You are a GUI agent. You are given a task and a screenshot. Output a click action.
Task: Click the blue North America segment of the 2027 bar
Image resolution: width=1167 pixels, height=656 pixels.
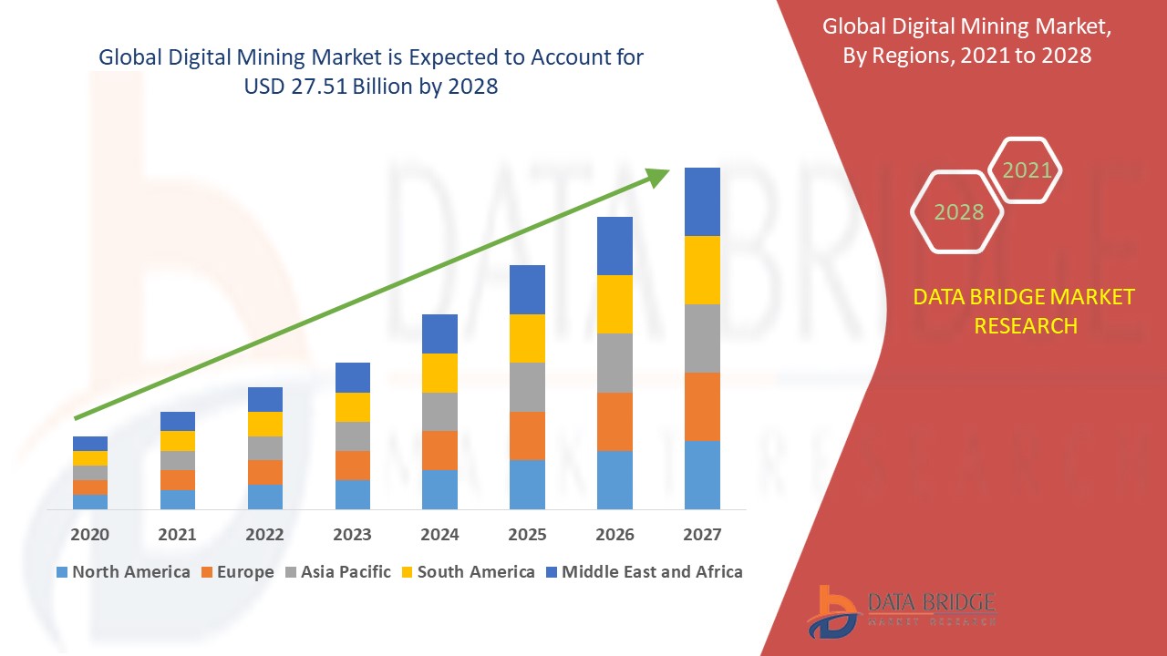coord(702,475)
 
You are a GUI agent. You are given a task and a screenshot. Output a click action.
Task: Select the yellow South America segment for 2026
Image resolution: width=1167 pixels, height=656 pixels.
coord(614,304)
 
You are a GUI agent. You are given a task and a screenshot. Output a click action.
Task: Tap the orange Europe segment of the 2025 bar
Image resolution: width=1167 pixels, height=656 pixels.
coord(527,436)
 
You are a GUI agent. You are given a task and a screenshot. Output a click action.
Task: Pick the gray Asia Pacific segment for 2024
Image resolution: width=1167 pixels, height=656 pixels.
coord(439,412)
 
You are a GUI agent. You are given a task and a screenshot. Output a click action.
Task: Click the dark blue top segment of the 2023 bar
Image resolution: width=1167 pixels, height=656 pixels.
coord(353,377)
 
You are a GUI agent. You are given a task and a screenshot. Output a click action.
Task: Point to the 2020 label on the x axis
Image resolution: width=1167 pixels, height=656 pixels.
coord(90,535)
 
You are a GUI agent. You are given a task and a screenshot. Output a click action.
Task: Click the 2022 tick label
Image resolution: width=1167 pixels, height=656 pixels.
coord(265,535)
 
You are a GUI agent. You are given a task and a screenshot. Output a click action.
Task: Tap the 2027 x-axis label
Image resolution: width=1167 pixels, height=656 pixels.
coord(702,535)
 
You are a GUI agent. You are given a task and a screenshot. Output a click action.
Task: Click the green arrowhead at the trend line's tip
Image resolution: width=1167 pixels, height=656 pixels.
coord(658,176)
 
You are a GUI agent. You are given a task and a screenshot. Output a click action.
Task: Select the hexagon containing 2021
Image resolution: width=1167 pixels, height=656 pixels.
coord(1027,170)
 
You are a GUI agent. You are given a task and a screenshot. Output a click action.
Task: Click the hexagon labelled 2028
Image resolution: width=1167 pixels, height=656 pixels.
coord(958,212)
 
